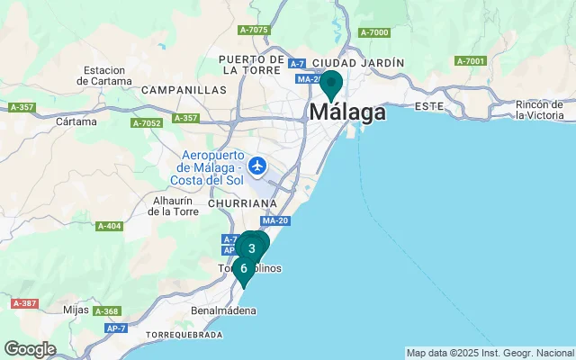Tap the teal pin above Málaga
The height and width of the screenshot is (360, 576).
pos(331,84)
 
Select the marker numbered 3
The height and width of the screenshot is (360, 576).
pos(253,247)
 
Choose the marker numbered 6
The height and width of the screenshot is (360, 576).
pos(243,268)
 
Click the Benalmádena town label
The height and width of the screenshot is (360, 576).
pos(224,310)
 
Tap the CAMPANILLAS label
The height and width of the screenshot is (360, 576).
pos(184,90)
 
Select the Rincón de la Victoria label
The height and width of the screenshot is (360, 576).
pos(540,110)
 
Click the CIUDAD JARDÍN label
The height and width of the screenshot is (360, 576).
pos(359,62)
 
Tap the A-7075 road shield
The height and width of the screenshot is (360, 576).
pos(254,30)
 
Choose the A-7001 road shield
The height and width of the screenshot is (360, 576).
pos(470,61)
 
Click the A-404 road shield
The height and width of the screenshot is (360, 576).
pos(109,226)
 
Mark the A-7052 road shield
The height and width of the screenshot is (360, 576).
pos(146,122)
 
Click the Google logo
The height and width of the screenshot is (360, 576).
pos(30,349)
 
